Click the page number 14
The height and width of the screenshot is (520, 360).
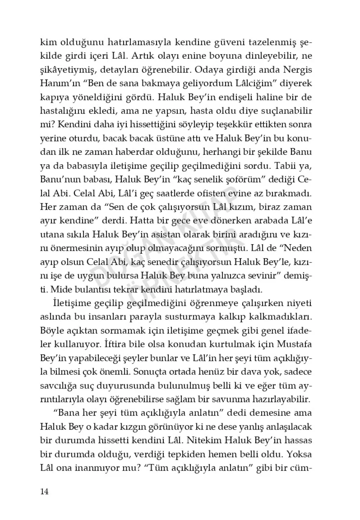pos(44,491)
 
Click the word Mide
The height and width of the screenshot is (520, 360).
pos(63,290)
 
